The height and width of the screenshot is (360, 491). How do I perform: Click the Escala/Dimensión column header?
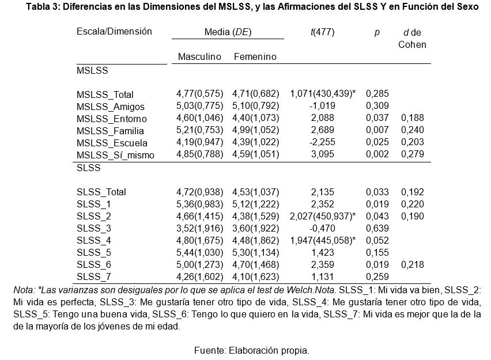pos(114,31)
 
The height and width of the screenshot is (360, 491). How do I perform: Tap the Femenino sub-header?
pos(255,56)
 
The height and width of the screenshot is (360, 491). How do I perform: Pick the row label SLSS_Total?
pos(101,192)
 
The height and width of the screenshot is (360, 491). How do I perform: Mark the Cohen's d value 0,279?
pos(413,154)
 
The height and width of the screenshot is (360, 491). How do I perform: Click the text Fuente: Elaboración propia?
pos(252,350)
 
